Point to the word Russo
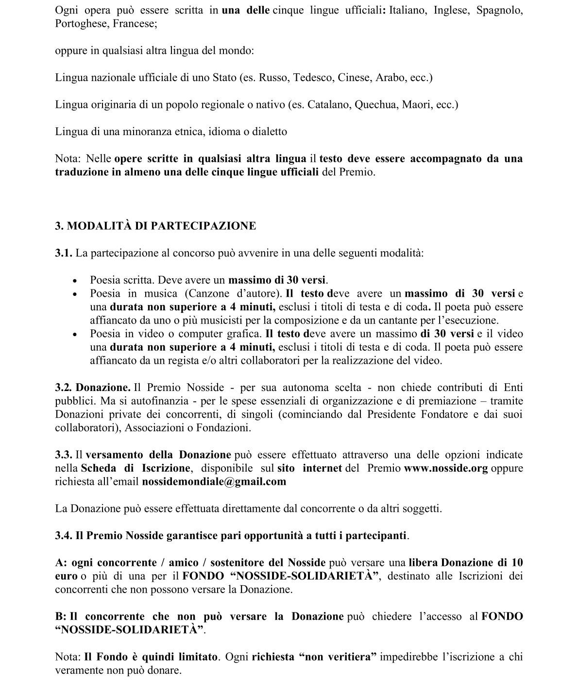273,78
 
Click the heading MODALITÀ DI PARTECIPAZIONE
161,226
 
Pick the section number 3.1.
63,253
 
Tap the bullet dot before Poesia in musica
75,294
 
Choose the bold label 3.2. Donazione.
93,388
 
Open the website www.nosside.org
445,468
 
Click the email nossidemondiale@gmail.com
214,482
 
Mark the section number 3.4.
63,536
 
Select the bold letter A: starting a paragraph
61,562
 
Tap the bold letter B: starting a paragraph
61,616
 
